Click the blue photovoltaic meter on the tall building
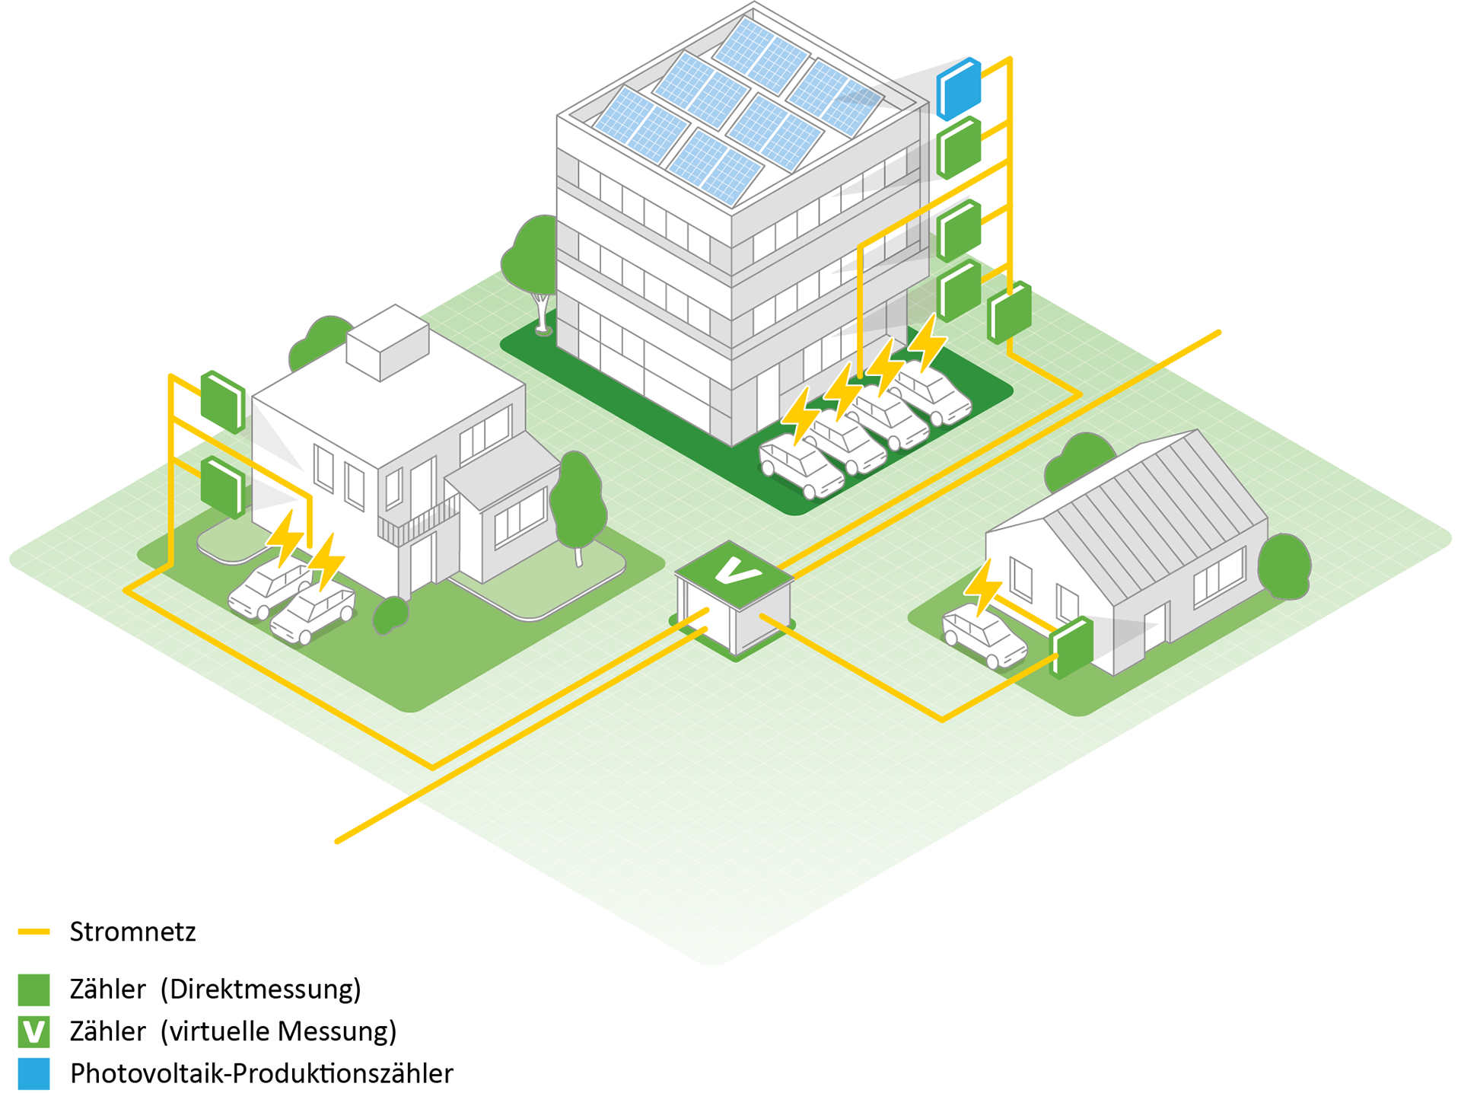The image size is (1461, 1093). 958,88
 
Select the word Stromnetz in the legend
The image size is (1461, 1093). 133,932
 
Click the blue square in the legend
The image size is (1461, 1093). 33,1073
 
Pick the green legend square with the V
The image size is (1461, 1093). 33,1031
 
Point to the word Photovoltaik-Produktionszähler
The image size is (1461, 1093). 262,1073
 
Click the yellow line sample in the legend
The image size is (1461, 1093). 33,932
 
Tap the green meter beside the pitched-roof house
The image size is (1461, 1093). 1071,647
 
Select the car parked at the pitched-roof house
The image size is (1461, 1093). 984,636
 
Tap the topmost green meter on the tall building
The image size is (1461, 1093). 958,148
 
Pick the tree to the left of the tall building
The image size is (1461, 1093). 533,270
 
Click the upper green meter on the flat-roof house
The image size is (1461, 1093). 223,401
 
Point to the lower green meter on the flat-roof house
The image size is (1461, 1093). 223,487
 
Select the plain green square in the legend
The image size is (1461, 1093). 33,989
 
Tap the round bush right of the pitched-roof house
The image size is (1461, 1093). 1284,566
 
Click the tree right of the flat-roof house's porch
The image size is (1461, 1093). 578,506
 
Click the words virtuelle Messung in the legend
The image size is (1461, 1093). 279,1031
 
